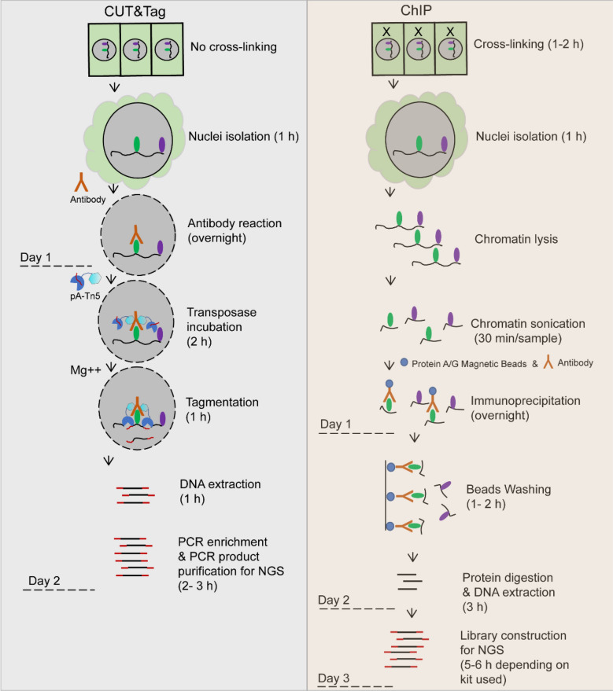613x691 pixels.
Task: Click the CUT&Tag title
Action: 135,12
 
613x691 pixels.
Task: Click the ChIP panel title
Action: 415,10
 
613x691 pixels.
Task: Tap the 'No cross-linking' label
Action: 233,46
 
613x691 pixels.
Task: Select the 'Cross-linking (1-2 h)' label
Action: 528,44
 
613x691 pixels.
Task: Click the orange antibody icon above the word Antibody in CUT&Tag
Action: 81,182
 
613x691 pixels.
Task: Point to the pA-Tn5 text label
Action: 85,296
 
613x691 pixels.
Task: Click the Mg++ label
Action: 86,369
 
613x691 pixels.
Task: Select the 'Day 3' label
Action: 334,678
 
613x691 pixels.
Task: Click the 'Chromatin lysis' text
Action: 516,239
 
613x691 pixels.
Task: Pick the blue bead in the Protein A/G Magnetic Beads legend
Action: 404,362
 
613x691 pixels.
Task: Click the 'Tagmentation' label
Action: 222,402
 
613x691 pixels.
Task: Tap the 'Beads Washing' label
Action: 508,489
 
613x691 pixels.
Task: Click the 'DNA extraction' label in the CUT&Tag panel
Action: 220,484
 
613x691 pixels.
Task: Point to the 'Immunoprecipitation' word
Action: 525,401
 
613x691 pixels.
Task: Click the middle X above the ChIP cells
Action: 418,31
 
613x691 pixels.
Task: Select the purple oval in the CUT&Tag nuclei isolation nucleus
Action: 162,145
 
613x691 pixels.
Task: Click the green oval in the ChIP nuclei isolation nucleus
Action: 419,144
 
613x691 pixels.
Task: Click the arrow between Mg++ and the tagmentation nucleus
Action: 111,367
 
